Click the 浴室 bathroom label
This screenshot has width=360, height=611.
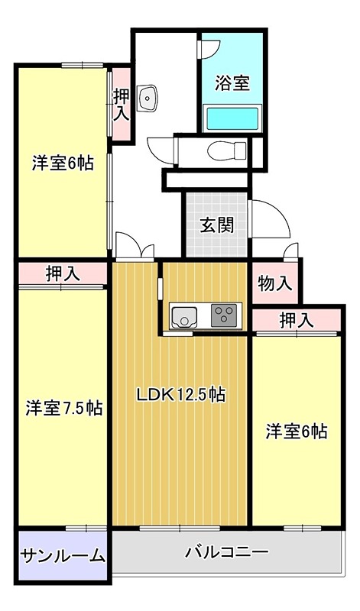pos(232,82)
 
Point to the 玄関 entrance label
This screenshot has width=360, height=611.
pos(216,225)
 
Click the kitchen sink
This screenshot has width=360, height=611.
pos(184,315)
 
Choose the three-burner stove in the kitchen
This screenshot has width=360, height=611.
pos(224,315)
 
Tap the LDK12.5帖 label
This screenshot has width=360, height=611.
pos(180,395)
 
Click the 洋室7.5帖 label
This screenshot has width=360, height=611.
pos(63,407)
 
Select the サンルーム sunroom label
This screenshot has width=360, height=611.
pos(63,555)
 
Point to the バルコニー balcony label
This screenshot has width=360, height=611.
pos(225,551)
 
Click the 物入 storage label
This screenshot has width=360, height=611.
pos(275,284)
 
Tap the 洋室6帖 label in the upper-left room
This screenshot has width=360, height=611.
pos(63,163)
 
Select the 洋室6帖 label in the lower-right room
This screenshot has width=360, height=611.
pos(297,431)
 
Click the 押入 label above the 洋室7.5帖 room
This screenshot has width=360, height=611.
pos(63,273)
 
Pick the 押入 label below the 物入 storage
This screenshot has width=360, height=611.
pos(297,321)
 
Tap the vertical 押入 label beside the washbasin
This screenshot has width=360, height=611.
pos(121,105)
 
